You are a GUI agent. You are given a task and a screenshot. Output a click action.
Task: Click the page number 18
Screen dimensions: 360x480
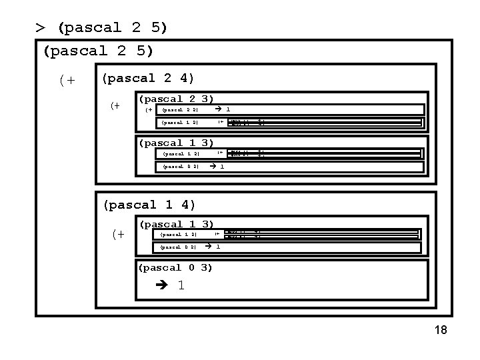pos(440,331)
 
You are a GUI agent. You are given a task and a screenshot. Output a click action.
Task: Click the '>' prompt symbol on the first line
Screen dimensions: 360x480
pos(41,28)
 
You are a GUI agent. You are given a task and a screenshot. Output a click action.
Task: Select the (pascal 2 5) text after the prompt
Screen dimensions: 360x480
pos(113,28)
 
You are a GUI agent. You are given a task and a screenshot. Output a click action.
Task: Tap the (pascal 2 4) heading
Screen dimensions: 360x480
pos(147,79)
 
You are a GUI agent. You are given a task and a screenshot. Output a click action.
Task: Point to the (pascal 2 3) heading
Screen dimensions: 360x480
pos(175,99)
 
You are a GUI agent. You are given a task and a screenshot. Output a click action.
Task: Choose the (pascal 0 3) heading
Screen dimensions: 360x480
pos(175,268)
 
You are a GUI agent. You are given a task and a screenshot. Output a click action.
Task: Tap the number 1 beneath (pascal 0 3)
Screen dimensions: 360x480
pos(181,285)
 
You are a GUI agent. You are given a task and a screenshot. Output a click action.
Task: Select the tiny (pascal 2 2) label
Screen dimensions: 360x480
pos(181,110)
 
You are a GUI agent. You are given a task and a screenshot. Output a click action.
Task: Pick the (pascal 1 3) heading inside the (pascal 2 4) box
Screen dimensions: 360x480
pos(175,143)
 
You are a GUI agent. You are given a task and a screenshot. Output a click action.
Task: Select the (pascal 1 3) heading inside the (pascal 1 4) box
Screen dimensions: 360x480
pos(175,225)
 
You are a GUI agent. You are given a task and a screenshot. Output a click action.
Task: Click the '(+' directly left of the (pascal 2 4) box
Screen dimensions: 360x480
pos(67,81)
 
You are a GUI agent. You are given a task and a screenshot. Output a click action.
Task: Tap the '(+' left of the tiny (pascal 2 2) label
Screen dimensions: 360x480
pos(149,110)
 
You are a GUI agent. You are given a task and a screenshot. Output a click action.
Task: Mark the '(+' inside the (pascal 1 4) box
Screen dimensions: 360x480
pos(118,233)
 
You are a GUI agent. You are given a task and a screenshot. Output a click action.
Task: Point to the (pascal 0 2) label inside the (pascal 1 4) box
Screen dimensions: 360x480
pos(177,247)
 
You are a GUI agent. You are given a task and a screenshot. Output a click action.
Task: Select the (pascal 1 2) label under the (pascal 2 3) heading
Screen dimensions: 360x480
pos(181,123)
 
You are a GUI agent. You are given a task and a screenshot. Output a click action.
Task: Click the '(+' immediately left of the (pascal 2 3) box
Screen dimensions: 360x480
pos(116,105)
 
